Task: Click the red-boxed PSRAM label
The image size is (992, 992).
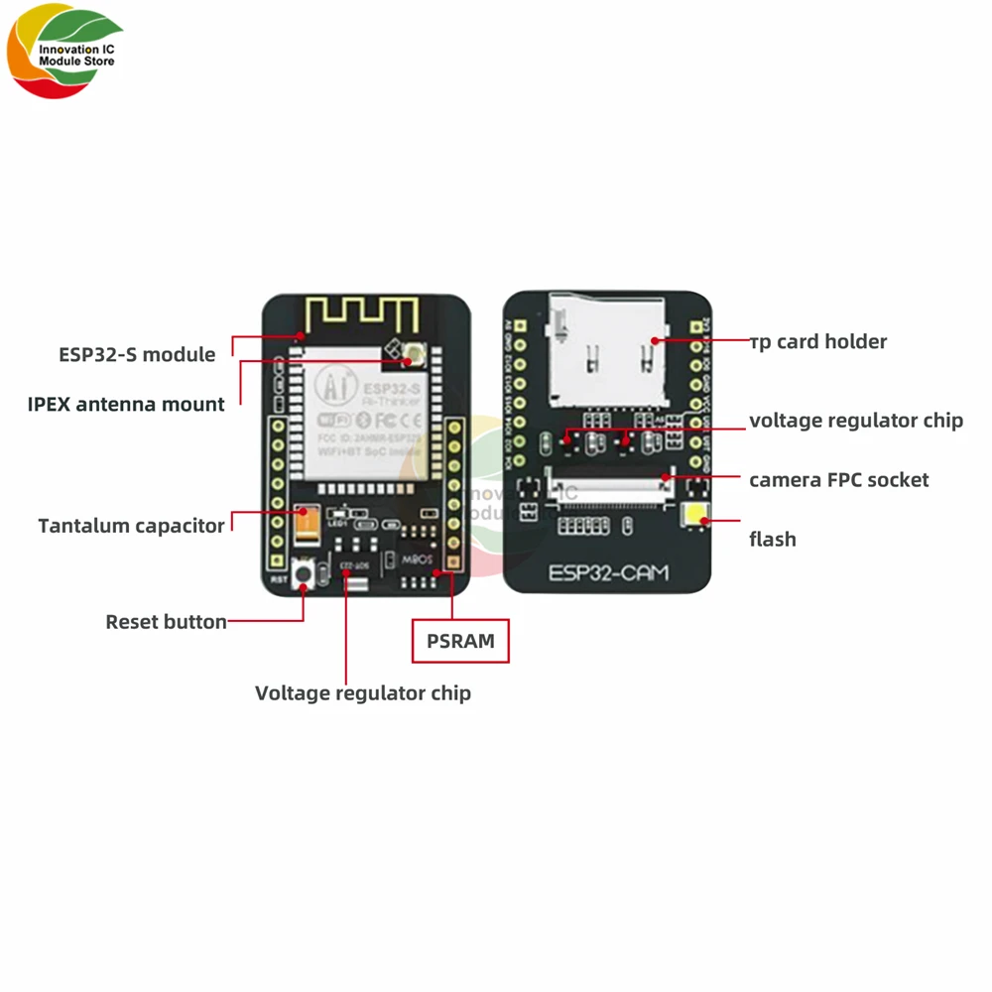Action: point(460,641)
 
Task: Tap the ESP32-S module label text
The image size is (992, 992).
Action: point(137,354)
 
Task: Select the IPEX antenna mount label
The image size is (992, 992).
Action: point(126,404)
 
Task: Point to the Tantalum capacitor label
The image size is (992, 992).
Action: point(131,526)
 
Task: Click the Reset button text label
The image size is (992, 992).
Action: point(166,622)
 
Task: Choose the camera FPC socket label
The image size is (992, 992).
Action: point(838,479)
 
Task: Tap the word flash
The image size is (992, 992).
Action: point(772,540)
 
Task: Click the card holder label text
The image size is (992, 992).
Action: point(818,341)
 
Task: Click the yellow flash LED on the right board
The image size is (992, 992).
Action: point(694,516)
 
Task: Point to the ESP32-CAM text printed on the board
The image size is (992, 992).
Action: point(608,572)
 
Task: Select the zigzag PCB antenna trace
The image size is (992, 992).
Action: point(362,313)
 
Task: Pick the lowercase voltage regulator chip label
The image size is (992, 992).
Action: point(855,420)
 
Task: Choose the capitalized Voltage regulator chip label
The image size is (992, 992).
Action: point(363,692)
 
